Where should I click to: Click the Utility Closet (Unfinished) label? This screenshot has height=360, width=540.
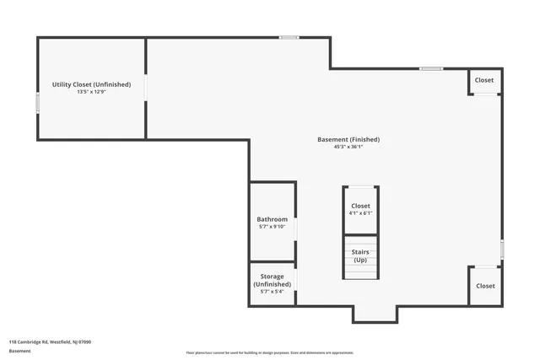tap(90, 84)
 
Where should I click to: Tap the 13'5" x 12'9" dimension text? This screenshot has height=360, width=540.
tap(90, 92)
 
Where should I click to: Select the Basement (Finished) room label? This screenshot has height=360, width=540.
tap(348, 139)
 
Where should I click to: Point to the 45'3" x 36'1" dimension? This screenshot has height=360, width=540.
tap(348, 147)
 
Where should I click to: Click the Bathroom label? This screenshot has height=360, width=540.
tap(272, 219)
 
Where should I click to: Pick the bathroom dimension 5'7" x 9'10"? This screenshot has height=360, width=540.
tap(272, 227)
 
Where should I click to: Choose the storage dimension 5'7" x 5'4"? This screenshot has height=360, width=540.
tap(272, 293)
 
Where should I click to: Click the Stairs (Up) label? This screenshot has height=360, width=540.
tap(360, 255)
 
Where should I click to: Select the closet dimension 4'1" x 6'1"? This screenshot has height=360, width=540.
tap(360, 213)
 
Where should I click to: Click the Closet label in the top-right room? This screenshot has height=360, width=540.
tap(484, 80)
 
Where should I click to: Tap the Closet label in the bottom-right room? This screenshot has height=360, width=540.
tap(485, 286)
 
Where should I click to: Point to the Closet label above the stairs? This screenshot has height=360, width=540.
tap(360, 206)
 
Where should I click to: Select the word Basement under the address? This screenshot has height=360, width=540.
tap(19, 352)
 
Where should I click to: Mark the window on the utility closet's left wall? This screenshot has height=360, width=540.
tap(37, 102)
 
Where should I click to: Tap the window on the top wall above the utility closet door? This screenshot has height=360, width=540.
tap(289, 37)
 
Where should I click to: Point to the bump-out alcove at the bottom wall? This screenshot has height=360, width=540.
tap(375, 314)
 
